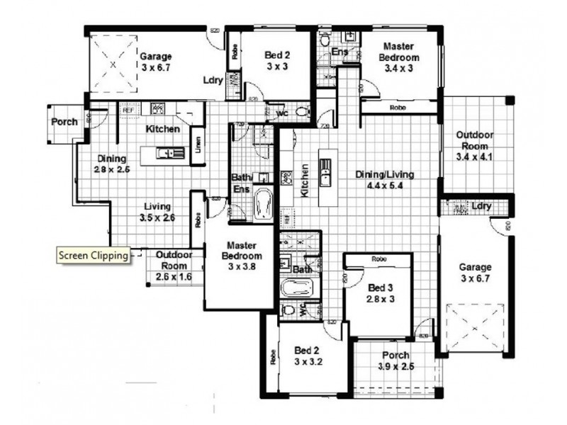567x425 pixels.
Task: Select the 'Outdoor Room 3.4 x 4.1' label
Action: click(x=474, y=145)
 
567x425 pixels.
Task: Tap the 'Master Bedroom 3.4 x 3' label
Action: click(x=398, y=57)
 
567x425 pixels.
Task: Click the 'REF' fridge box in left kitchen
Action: click(x=128, y=110)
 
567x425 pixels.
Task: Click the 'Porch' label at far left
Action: click(x=64, y=122)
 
